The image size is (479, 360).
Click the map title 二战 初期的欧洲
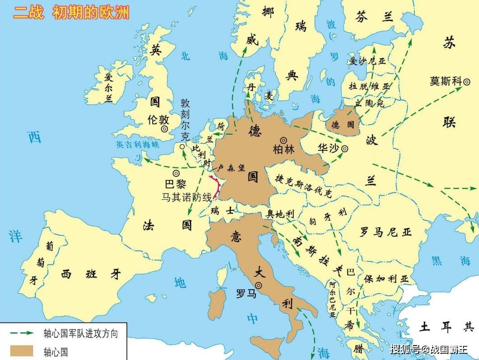(x=71, y=12)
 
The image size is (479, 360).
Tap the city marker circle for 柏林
(x=284, y=140)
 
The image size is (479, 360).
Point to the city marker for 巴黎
(x=176, y=173)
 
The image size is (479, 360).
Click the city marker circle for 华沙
(x=344, y=148)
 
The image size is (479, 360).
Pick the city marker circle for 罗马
(x=258, y=285)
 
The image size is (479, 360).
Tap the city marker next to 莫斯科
(x=467, y=81)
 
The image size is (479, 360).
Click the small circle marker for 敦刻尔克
(x=182, y=147)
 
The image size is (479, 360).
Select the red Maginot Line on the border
(x=216, y=187)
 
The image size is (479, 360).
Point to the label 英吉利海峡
(x=137, y=145)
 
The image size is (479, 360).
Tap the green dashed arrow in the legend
(x=22, y=333)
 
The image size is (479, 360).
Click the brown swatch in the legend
(x=22, y=351)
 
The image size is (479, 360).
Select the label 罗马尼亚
(x=386, y=232)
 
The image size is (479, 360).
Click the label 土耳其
(x=446, y=326)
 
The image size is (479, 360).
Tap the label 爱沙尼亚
(x=367, y=61)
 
